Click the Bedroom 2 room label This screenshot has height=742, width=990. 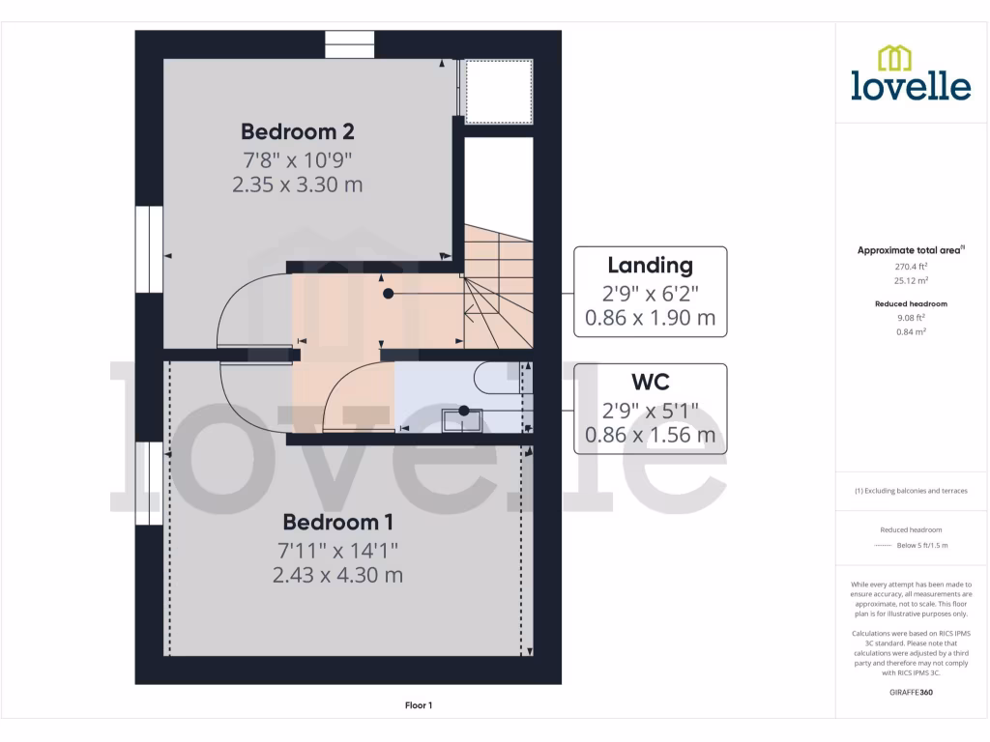click(298, 131)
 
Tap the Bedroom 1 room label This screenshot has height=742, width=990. click(337, 523)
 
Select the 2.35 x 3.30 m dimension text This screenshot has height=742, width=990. click(298, 185)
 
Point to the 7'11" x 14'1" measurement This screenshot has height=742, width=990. click(337, 550)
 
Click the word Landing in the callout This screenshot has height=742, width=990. click(650, 265)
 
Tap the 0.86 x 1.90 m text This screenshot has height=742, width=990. click(650, 317)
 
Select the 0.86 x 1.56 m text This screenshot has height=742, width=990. click(650, 435)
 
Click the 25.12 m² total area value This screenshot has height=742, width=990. click(911, 281)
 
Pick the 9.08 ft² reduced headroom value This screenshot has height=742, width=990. click(911, 317)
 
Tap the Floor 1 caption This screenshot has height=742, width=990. click(419, 706)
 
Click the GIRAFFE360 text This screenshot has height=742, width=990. click(911, 692)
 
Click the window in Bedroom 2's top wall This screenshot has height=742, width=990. click(349, 44)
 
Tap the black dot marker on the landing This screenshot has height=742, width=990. click(388, 293)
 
